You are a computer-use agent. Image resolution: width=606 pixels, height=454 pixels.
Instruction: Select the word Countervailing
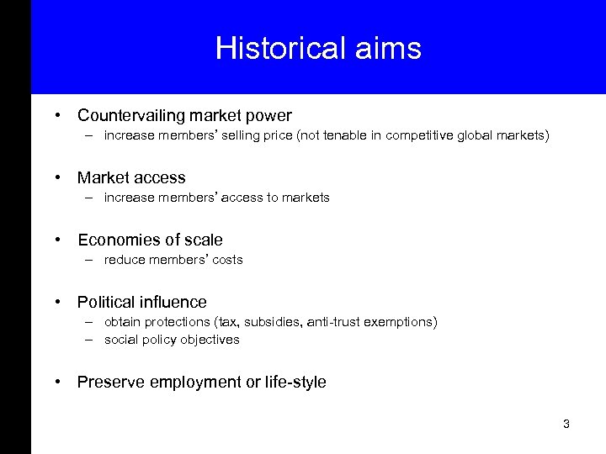[x=132, y=115]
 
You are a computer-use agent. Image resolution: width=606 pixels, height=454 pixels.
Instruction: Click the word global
[x=479, y=135]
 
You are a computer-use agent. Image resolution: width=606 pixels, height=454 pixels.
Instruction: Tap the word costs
[x=227, y=260]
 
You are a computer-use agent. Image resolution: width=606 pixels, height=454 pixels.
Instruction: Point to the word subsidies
[x=273, y=322]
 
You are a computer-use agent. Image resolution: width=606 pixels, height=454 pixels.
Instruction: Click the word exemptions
[x=402, y=322]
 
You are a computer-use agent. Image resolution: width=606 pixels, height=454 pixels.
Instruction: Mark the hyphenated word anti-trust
[x=337, y=322]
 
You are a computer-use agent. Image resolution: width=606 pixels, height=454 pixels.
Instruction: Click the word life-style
[x=295, y=383]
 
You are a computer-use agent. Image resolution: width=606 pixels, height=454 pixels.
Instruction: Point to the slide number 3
[x=566, y=424]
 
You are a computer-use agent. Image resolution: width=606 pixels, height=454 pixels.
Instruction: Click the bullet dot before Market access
[x=58, y=177]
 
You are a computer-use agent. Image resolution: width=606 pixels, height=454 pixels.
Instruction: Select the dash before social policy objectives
[x=88, y=340]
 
